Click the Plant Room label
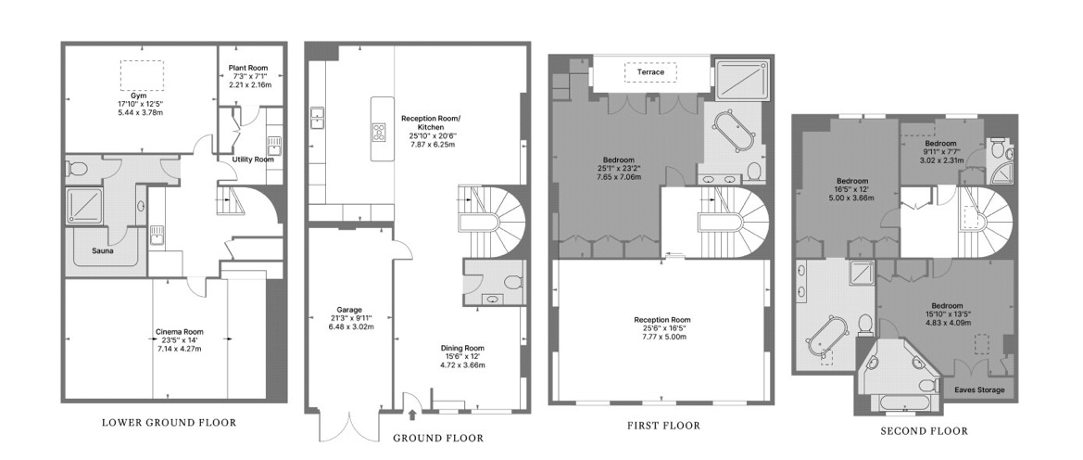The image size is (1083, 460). (248, 68)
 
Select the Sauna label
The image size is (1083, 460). (103, 251)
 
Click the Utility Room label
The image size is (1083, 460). (253, 160)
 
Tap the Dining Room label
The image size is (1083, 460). (463, 348)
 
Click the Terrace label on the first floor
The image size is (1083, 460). (650, 72)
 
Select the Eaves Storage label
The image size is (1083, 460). (979, 390)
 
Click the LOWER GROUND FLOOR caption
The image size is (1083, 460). (170, 423)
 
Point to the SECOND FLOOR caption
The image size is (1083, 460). (925, 431)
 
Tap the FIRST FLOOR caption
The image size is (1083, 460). (663, 426)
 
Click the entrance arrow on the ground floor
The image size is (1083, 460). (412, 415)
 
